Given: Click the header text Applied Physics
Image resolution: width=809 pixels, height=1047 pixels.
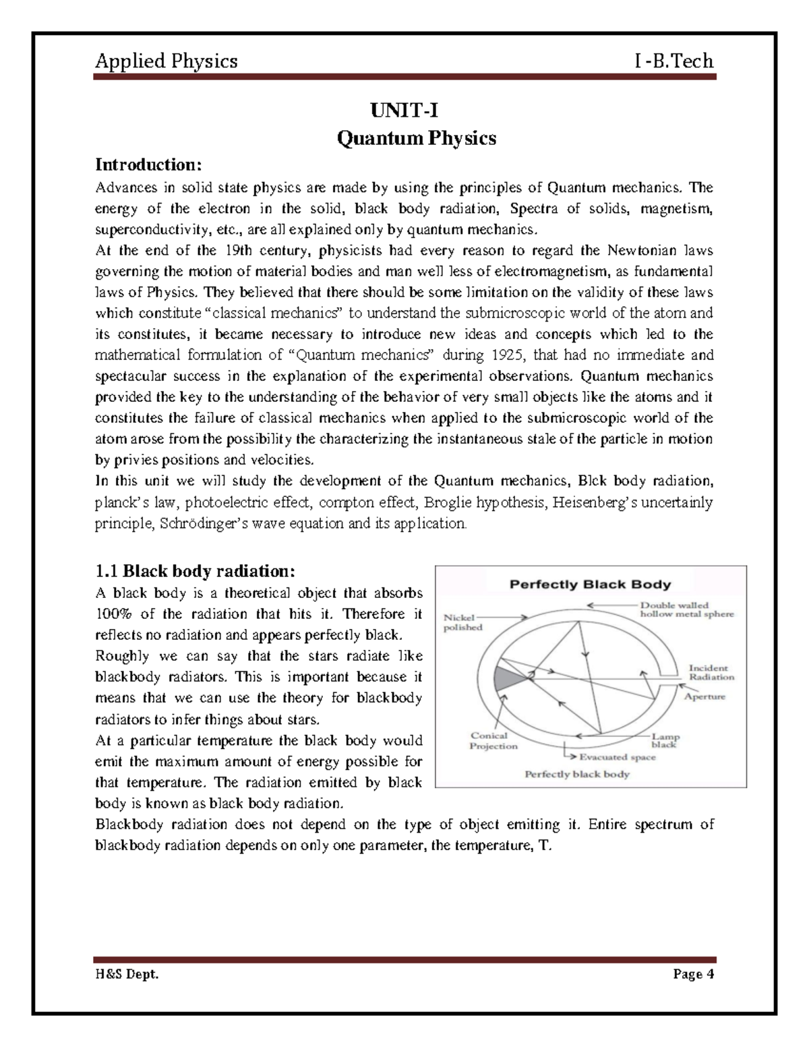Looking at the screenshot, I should click(x=166, y=61).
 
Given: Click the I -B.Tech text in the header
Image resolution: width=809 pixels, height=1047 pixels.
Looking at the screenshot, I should click(x=673, y=61).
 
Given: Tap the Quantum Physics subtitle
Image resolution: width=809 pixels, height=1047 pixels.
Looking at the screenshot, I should click(x=416, y=138).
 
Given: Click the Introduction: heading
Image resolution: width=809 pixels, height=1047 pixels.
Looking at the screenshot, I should click(x=148, y=165).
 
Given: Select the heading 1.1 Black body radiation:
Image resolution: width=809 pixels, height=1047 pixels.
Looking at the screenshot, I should click(x=195, y=571).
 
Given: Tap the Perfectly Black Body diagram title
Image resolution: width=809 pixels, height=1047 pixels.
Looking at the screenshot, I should click(x=590, y=585).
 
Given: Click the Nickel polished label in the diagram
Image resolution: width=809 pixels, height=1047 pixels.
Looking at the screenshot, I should click(x=462, y=622).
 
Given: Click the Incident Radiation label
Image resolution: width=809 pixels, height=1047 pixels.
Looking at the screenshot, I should click(x=711, y=672).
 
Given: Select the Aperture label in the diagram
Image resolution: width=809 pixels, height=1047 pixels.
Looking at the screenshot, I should click(x=705, y=696).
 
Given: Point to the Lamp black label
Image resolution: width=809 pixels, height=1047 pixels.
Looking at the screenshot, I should click(x=665, y=740).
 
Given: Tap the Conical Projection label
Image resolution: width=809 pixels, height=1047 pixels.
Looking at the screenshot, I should click(x=493, y=741).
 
